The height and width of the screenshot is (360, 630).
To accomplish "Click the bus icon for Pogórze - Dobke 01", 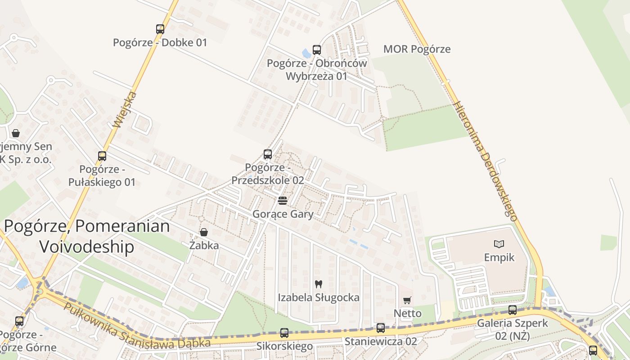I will coord(160,29).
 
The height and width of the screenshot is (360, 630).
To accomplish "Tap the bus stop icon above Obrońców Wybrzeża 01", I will coord(317,50).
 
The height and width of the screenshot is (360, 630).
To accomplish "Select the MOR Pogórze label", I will coord(417,49).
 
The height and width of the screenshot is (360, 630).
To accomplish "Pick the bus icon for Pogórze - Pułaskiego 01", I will coord(102,156).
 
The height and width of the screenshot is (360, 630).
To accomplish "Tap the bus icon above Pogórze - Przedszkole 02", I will coord(268,154).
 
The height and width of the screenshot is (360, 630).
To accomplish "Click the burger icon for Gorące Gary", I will coord(283,200).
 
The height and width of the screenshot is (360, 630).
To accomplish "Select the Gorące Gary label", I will coord(283,214).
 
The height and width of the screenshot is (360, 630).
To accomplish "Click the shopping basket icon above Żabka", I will coord(204,232).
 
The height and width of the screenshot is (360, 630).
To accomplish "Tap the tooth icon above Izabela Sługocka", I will coord(319,284).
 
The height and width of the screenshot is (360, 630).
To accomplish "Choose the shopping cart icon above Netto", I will coord(407,300).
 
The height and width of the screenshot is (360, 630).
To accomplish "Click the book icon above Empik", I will coord(499,244).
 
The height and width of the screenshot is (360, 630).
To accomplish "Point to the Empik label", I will coord(499,257).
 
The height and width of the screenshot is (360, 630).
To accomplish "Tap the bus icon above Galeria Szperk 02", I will coord(512,310).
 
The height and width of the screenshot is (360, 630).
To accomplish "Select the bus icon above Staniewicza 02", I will coord(381,328).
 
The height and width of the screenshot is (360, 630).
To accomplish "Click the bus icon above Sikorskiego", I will coord(284,333).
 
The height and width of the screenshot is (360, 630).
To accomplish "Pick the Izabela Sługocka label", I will coord(319,297).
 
